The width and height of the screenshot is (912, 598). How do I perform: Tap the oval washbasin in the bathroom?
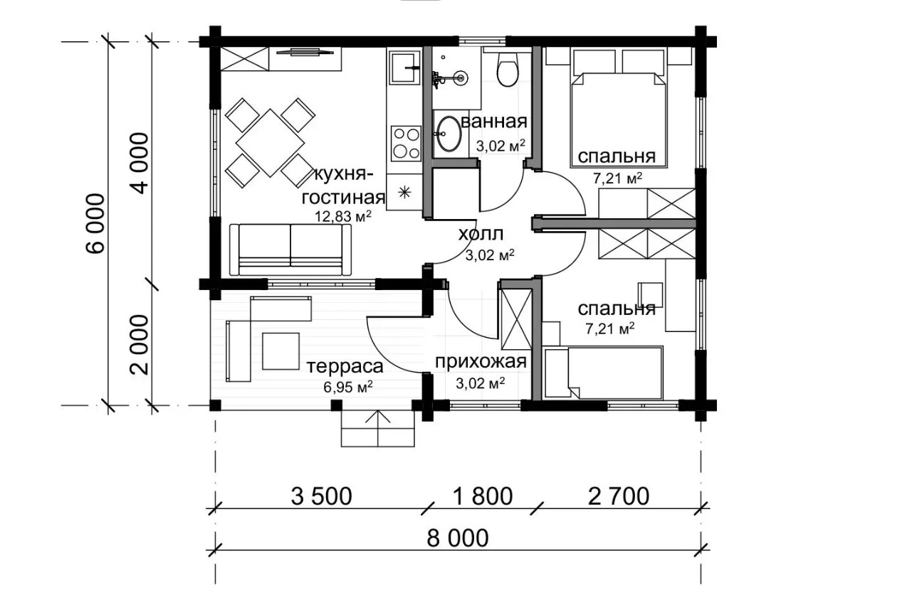(x=449, y=133)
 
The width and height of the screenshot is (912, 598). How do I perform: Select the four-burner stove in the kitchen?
(x=406, y=144)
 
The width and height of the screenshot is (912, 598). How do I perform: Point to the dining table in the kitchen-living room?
(x=271, y=143)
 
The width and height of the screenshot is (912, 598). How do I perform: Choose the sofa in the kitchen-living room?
(x=290, y=250)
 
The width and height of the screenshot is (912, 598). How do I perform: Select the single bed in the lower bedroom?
(x=604, y=373)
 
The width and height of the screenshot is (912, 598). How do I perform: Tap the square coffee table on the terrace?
(x=281, y=351)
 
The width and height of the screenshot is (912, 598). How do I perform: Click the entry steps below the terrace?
(x=378, y=429)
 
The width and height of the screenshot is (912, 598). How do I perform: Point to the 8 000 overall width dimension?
(x=458, y=538)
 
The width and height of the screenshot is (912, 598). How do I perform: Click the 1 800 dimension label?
(x=483, y=496)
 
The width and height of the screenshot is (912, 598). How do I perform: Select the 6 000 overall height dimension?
(x=96, y=223)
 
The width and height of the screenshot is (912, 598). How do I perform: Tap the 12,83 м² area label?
(x=343, y=216)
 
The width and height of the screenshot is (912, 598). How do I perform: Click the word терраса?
(x=345, y=367)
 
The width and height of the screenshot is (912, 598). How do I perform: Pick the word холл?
(x=481, y=234)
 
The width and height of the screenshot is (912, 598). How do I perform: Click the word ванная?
(x=494, y=122)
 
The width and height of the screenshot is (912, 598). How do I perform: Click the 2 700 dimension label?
(x=619, y=496)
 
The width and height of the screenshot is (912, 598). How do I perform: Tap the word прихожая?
(x=481, y=362)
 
